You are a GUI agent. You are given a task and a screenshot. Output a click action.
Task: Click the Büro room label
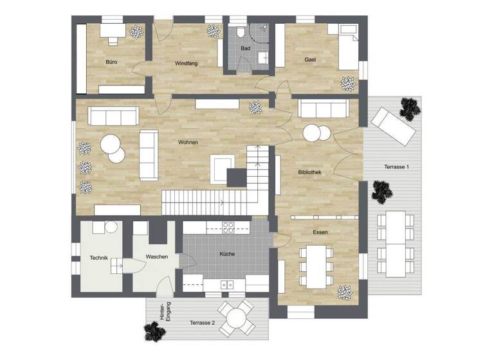110,62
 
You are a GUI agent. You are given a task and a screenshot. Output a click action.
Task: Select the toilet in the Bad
239,32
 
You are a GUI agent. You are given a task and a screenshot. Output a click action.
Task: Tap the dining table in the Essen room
315,265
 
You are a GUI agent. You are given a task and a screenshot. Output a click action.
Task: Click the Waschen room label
156,257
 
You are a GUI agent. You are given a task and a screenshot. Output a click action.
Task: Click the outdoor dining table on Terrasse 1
396,242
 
